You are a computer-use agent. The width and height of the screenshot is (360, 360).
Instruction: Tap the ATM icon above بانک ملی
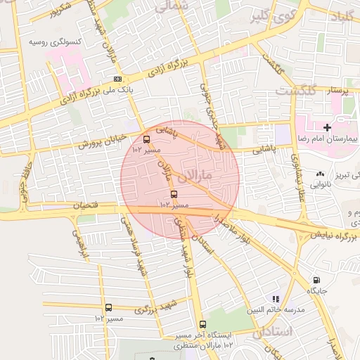117,79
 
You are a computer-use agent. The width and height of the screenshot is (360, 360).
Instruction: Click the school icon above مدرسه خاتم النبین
276,299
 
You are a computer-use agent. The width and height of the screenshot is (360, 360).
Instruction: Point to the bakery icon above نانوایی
321,173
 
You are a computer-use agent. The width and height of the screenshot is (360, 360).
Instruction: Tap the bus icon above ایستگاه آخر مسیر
203,324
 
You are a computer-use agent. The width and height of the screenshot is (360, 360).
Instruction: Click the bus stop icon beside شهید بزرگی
108,307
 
